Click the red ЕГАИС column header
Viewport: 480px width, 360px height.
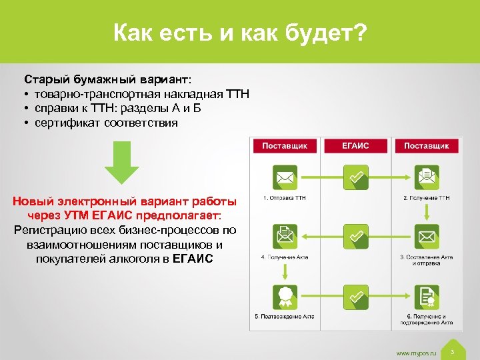[x=355, y=146]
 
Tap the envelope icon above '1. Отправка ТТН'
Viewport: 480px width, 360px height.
[x=285, y=177]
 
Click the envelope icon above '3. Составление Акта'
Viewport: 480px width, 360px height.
[x=427, y=236]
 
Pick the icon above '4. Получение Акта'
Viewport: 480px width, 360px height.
[x=285, y=236]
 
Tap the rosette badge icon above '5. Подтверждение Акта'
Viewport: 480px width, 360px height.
[x=285, y=296]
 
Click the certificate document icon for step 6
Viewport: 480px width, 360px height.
[x=427, y=296]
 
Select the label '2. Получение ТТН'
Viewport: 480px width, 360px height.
[x=427, y=198]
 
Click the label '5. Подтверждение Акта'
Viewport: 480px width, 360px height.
[x=285, y=316]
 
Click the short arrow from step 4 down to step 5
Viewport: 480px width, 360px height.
[x=285, y=271]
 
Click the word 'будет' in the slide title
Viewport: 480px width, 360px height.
[x=319, y=31]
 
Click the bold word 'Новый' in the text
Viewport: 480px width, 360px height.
[x=32, y=201]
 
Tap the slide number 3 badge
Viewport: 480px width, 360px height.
[x=452, y=351]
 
